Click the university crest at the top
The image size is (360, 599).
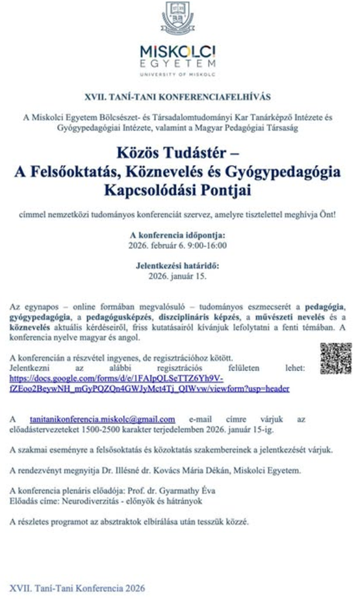coord(178,18)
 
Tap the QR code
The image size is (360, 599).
coord(335,358)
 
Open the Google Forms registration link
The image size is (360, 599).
coord(149,383)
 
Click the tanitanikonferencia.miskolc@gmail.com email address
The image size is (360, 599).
coord(102,419)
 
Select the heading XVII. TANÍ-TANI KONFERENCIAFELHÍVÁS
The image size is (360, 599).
coord(177,96)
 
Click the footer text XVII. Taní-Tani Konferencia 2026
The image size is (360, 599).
coord(77,588)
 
